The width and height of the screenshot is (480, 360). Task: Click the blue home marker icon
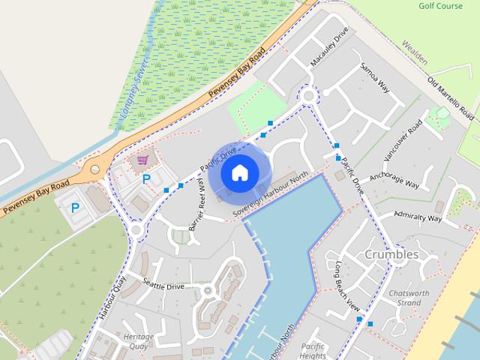239,172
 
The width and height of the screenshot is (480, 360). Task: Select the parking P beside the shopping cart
146,179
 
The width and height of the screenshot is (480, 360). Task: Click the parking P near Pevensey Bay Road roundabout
75,207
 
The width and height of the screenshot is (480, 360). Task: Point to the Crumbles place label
391,254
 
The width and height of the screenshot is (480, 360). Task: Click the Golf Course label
440,6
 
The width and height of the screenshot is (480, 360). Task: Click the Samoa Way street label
375,76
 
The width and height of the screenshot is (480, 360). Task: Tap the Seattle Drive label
163,286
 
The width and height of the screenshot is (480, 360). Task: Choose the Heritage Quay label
139,341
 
